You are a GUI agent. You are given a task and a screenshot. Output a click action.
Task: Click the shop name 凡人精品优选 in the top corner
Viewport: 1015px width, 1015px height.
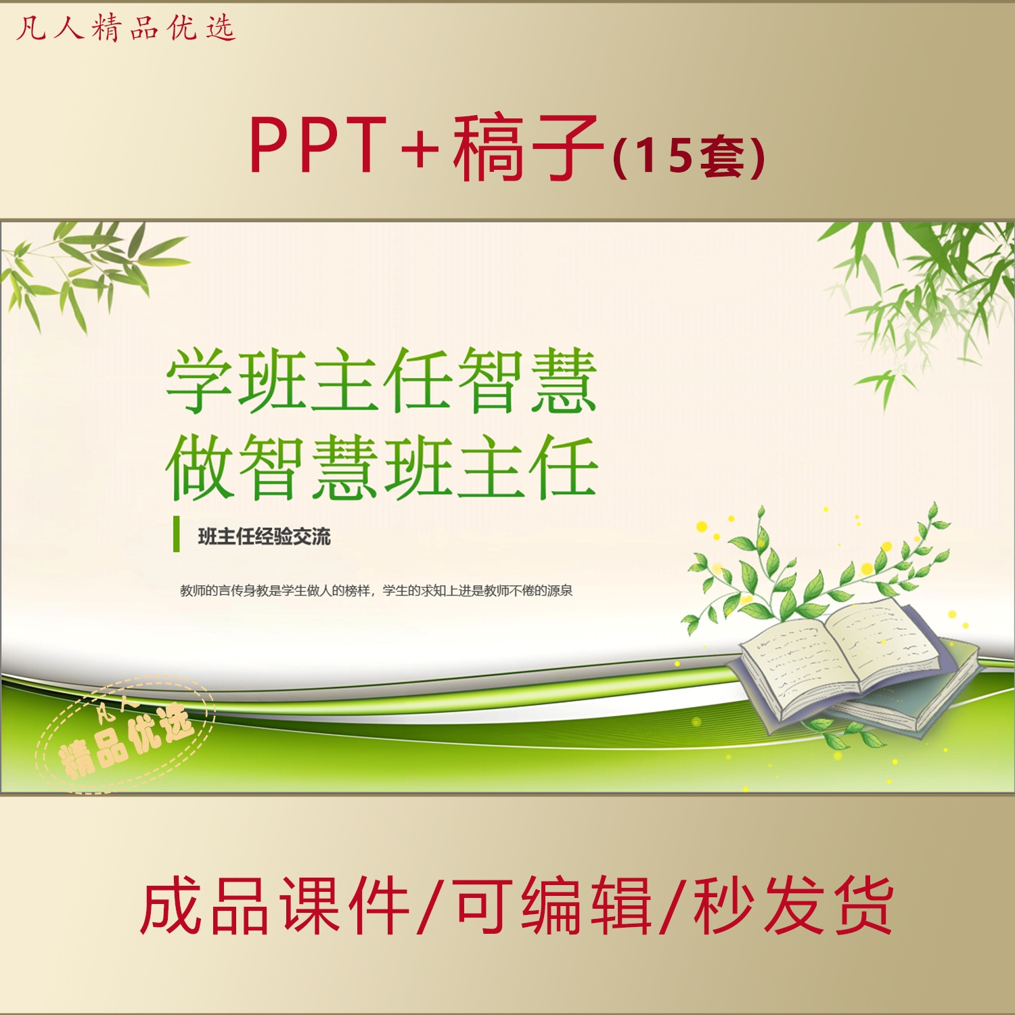click(126, 28)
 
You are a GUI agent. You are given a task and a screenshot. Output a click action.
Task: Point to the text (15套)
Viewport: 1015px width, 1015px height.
click(689, 156)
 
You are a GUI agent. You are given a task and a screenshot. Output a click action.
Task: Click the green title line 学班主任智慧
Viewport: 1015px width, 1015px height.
click(382, 380)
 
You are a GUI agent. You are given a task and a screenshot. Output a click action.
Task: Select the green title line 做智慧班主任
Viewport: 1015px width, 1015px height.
click(382, 467)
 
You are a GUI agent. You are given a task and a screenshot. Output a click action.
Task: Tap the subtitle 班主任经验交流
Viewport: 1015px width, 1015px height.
click(265, 537)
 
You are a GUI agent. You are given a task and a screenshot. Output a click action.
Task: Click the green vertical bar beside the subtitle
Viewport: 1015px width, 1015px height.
click(177, 534)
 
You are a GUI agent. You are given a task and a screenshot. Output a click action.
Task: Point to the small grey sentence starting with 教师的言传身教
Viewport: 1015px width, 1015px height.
click(376, 591)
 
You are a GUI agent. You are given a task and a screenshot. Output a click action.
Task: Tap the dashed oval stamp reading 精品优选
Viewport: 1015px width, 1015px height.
click(125, 734)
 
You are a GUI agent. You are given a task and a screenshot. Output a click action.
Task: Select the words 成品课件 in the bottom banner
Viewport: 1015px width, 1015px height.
click(275, 905)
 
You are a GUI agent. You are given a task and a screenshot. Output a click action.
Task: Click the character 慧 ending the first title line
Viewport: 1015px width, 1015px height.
click(564, 380)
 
